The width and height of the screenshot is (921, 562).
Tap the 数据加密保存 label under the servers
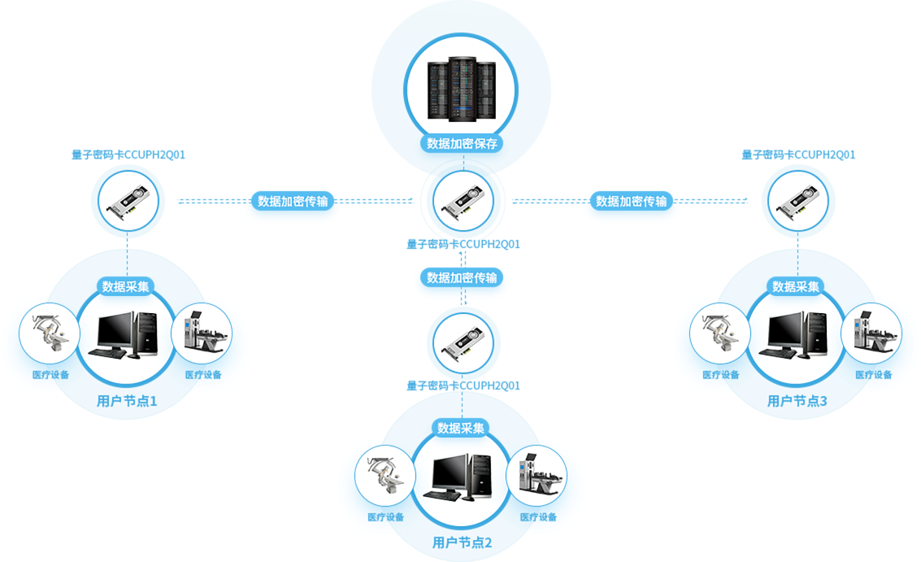tap(462, 144)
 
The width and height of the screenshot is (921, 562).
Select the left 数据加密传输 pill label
tap(293, 201)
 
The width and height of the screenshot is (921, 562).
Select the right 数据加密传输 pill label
tap(631, 201)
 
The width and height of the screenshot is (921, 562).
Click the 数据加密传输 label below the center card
tap(462, 278)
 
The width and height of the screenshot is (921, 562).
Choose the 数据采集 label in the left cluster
tap(125, 286)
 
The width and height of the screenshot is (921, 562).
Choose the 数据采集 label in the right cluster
tap(796, 286)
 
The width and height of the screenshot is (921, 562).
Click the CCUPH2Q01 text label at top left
tap(128, 155)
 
